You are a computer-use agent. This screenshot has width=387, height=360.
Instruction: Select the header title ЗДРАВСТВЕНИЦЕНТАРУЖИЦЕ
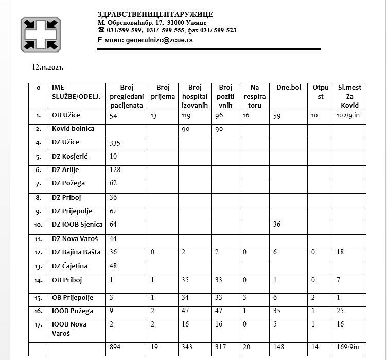click(x=155, y=14)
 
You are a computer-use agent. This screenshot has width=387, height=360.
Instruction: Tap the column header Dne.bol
click(x=289, y=88)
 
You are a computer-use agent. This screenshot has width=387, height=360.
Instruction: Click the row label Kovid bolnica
click(x=73, y=128)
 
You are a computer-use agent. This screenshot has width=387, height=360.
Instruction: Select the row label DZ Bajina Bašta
click(x=76, y=252)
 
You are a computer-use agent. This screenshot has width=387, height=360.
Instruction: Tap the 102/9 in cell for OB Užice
click(x=346, y=116)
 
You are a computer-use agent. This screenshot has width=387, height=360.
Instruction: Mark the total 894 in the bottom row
click(x=116, y=348)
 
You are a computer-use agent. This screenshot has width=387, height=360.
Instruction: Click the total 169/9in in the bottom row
click(x=346, y=348)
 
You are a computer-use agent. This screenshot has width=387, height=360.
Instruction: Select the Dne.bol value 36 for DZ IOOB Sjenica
click(x=277, y=225)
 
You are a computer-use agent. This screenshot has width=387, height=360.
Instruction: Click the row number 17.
click(x=38, y=324)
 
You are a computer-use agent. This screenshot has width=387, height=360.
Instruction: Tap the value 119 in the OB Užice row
click(x=186, y=116)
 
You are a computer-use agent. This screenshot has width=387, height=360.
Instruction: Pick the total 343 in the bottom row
click(x=187, y=348)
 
